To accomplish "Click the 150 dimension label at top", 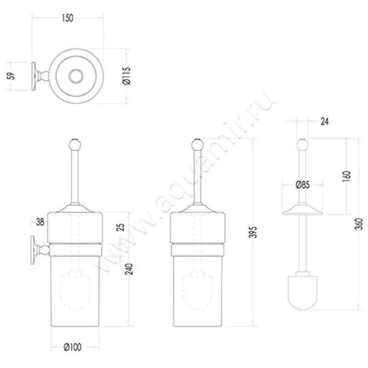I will pyautogui.click(x=67, y=18).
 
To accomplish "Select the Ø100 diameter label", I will pyautogui.click(x=73, y=346).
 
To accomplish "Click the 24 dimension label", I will pyautogui.click(x=324, y=121).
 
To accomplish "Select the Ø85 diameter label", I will pyautogui.click(x=302, y=185).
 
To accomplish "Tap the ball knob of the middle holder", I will pyautogui.click(x=197, y=145).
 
